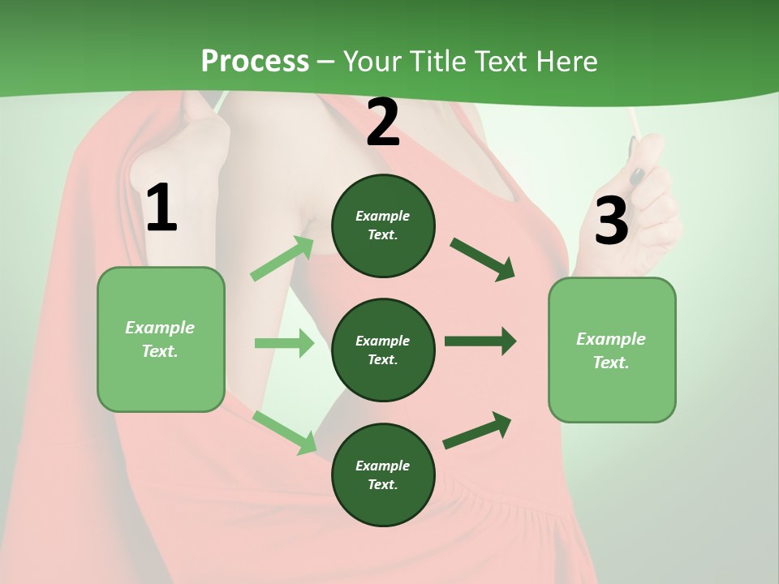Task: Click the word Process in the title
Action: [x=255, y=62]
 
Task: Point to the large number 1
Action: [x=161, y=208]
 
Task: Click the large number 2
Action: [x=383, y=123]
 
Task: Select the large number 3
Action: [x=611, y=221]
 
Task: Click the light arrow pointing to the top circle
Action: [x=282, y=259]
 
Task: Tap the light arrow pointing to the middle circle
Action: [x=284, y=343]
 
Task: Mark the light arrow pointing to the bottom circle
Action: [x=284, y=432]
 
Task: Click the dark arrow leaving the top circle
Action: [x=482, y=259]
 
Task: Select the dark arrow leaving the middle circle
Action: [x=480, y=341]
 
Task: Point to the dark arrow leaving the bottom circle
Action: [x=477, y=431]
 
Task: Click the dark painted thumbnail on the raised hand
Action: [x=638, y=175]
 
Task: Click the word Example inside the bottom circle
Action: [x=382, y=466]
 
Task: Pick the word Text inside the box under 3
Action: [x=610, y=363]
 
